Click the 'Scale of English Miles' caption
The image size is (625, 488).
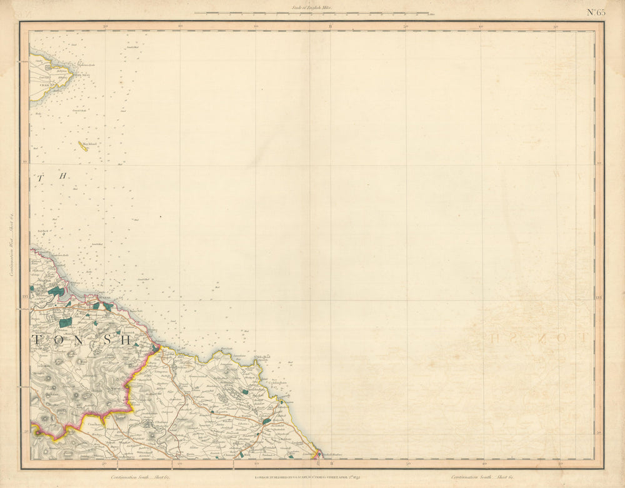coord(311,7)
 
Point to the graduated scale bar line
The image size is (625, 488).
coord(311,12)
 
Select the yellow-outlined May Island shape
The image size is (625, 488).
coord(82,146)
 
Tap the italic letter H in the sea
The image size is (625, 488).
coord(62,176)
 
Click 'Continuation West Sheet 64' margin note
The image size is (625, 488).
coord(11,244)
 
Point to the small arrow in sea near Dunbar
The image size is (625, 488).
coord(134,219)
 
